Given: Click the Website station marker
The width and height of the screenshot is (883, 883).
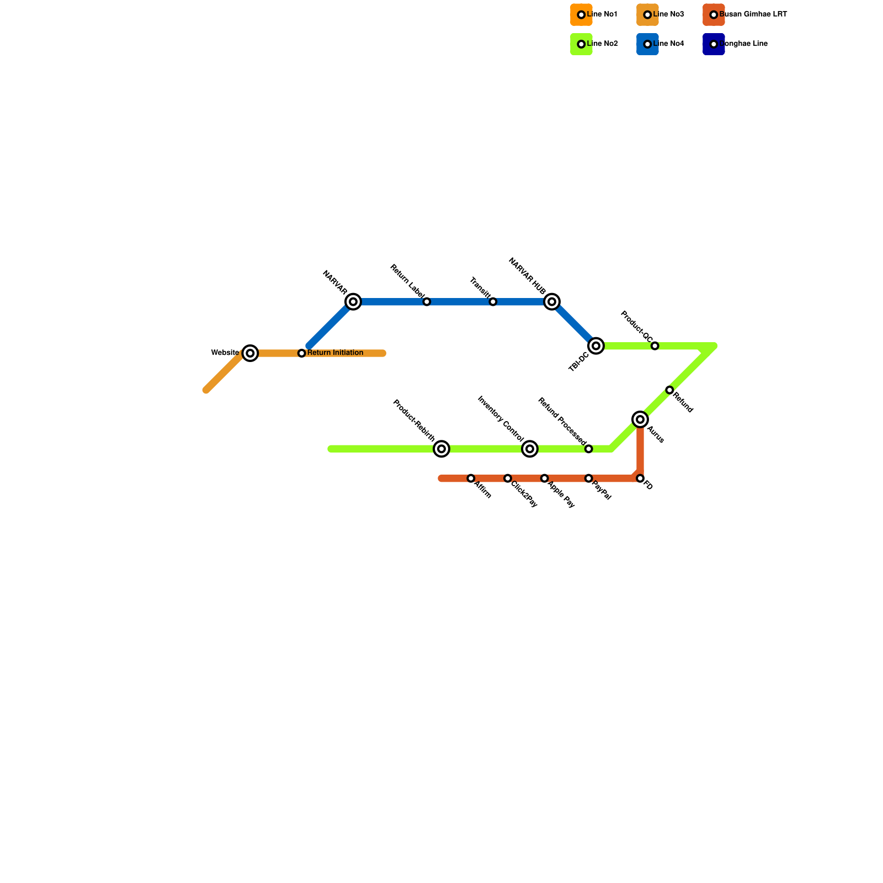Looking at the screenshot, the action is click(251, 353).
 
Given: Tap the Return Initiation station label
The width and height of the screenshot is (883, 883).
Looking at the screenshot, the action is click(335, 353).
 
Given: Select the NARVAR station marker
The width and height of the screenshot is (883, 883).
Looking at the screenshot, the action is click(353, 302).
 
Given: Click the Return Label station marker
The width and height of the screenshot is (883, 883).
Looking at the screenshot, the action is click(427, 302).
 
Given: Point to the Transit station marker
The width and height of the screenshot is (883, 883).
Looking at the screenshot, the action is click(493, 302).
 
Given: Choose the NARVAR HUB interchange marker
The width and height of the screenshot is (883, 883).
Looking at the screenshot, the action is click(552, 302).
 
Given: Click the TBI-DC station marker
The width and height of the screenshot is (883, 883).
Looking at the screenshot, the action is click(596, 346).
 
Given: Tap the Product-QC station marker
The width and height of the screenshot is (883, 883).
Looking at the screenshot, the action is click(655, 346).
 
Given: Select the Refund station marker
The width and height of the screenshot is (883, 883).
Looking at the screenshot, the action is click(669, 390).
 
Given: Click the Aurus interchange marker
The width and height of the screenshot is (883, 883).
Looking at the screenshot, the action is click(640, 420).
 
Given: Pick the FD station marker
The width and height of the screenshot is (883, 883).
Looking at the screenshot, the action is click(640, 478).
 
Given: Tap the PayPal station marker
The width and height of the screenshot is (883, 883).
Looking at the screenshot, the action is click(589, 478).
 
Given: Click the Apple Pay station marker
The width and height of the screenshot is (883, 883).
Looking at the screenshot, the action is click(545, 478).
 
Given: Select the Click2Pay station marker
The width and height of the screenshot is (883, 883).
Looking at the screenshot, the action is click(508, 478).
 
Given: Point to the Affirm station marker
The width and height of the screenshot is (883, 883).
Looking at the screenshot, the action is click(471, 478).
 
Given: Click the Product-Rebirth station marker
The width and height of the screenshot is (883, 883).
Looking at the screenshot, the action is click(441, 449).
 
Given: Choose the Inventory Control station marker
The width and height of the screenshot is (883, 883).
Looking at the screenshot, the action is click(530, 449).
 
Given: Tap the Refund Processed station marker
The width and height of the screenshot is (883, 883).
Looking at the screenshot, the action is click(589, 449).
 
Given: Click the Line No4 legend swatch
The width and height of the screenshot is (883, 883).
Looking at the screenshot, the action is click(647, 44).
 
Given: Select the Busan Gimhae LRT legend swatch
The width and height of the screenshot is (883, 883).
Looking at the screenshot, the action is click(714, 15).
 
